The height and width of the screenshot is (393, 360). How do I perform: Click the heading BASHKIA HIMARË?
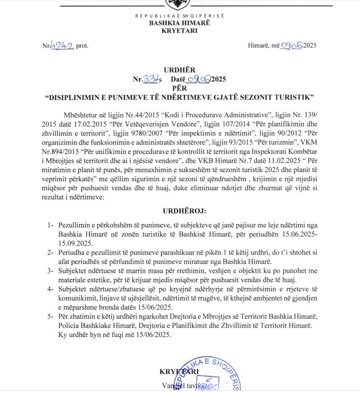pos(179,23)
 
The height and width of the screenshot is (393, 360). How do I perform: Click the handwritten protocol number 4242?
pos(62,45)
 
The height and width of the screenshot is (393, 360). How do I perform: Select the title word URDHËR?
pos(179,70)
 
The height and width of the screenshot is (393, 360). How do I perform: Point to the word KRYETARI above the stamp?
pos(179,371)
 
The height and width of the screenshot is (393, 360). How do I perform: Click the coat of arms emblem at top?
pos(179,4)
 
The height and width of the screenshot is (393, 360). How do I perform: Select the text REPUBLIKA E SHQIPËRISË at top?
pos(179,16)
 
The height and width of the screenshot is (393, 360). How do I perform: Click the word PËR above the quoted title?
pos(179,88)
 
